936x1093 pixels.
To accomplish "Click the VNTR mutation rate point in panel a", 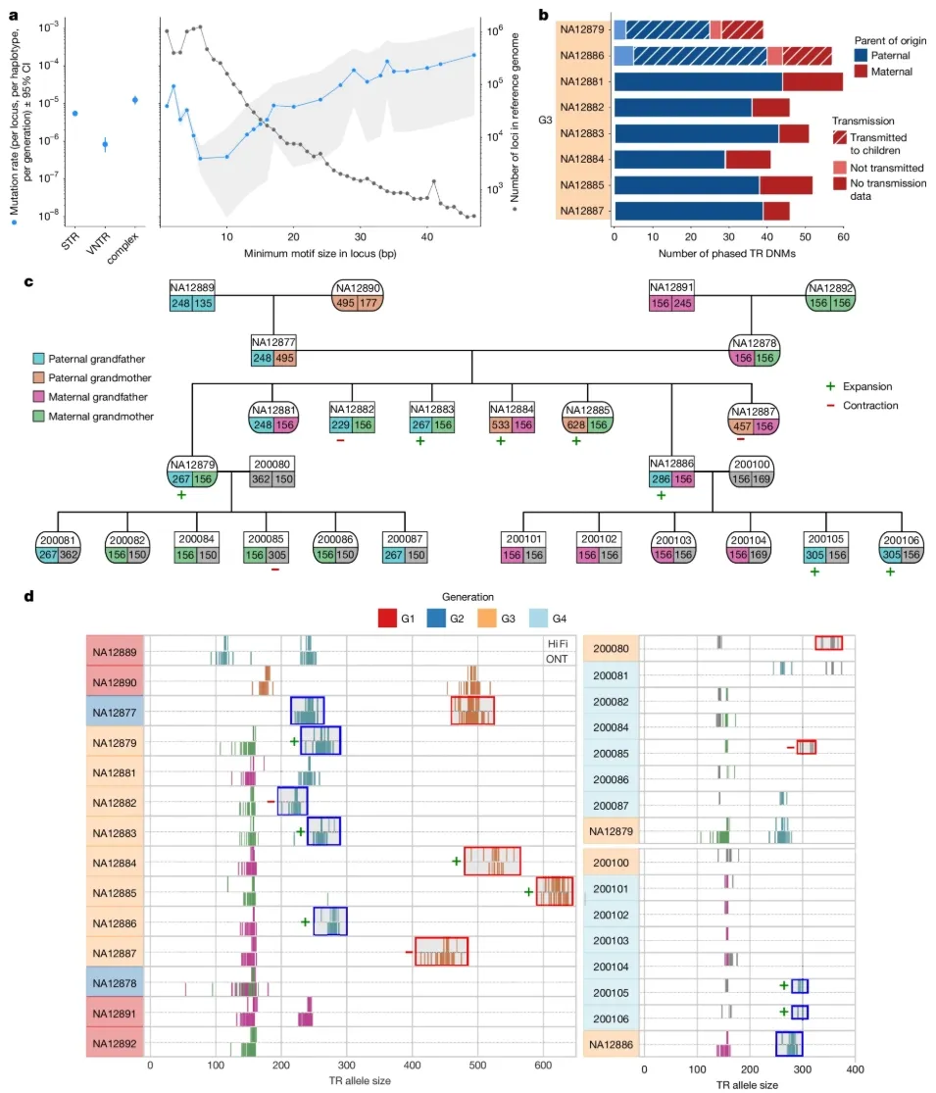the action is coord(105,145).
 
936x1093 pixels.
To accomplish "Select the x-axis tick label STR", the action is coord(70,242).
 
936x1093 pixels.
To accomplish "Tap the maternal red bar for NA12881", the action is coord(813,81).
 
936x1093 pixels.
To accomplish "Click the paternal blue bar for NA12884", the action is coord(669,160).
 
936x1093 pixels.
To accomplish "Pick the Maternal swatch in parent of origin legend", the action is coord(861,72).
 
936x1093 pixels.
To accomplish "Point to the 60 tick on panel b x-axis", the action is coord(843,237).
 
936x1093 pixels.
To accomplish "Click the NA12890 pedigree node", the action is coord(358,296).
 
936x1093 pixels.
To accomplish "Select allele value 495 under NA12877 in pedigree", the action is coord(284,358).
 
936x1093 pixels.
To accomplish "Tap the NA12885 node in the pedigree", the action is coord(587,418).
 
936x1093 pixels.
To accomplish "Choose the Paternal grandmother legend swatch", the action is coord(39,377).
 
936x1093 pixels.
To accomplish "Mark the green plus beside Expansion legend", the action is coord(830,386).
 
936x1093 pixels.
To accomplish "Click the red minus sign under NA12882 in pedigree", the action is coord(340,440).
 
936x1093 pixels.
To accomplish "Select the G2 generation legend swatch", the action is coord(436,619).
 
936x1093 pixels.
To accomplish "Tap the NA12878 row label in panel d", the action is coord(115,983).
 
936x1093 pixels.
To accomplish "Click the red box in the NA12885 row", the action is coord(555,891).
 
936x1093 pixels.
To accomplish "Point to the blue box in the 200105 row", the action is coord(800,985).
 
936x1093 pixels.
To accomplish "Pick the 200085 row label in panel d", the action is coord(612,754).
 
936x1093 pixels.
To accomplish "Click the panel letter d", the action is coord(29,597).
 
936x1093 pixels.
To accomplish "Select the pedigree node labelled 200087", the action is coord(405,547).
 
